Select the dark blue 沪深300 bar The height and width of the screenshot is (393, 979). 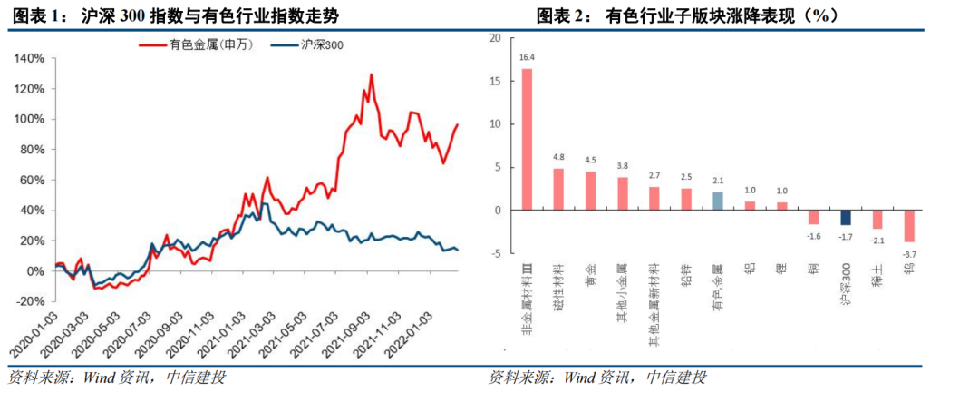tap(846, 218)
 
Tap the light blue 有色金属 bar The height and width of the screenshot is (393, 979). tap(718, 201)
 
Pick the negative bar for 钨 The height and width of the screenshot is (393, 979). tap(909, 226)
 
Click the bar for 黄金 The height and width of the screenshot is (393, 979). tap(591, 191)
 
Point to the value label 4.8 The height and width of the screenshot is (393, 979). tap(558, 157)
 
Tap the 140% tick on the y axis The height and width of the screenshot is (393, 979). tap(31, 58)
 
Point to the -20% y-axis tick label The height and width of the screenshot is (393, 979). tap(31, 301)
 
